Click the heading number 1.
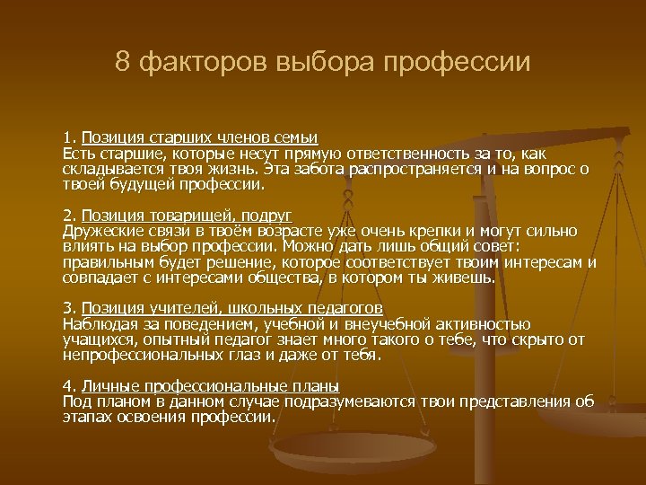67,137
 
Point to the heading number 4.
68,385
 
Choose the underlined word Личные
107,385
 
